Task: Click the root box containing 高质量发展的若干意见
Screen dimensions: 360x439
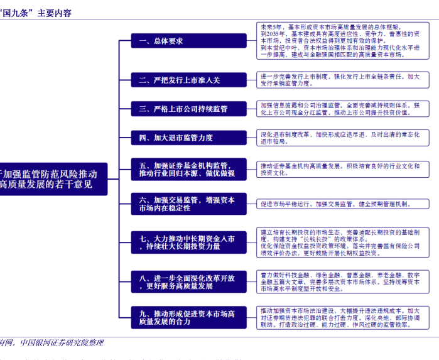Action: click(53, 178)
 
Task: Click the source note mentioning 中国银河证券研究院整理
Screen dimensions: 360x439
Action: click(53, 343)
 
